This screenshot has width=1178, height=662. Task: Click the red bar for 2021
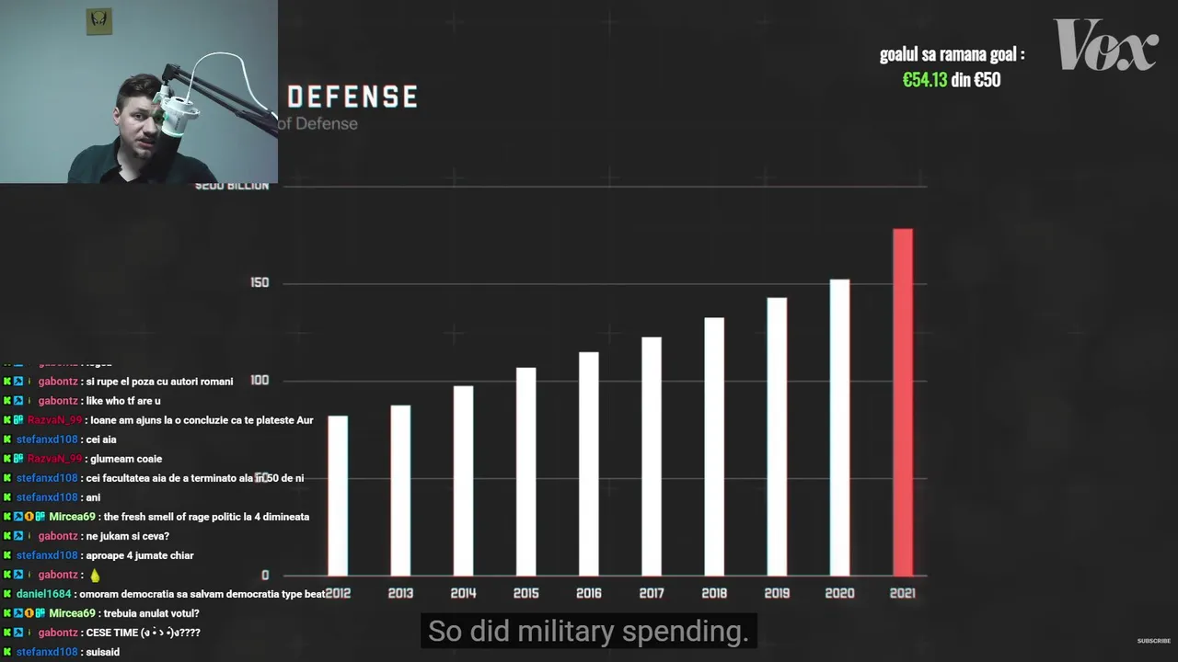(x=903, y=402)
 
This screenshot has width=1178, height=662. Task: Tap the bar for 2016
(x=588, y=463)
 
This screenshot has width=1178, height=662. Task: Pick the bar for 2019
(x=777, y=436)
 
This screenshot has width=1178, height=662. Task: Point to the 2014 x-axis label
(x=463, y=593)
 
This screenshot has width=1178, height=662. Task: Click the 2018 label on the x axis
(x=714, y=593)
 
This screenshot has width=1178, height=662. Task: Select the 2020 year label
(x=839, y=593)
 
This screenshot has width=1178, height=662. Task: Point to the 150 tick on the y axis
(x=260, y=282)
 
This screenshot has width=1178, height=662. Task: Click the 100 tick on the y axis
(x=260, y=381)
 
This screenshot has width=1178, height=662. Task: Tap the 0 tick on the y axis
(x=265, y=576)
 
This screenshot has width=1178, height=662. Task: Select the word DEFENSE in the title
(x=352, y=97)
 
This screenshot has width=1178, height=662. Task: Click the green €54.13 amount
(x=924, y=80)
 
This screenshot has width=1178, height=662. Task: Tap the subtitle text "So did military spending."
(x=588, y=632)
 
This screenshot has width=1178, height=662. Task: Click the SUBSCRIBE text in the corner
(x=1153, y=641)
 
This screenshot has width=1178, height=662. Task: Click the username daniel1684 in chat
(x=45, y=594)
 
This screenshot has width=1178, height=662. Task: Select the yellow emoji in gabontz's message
(x=95, y=576)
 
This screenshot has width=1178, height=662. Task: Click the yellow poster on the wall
(x=99, y=22)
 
